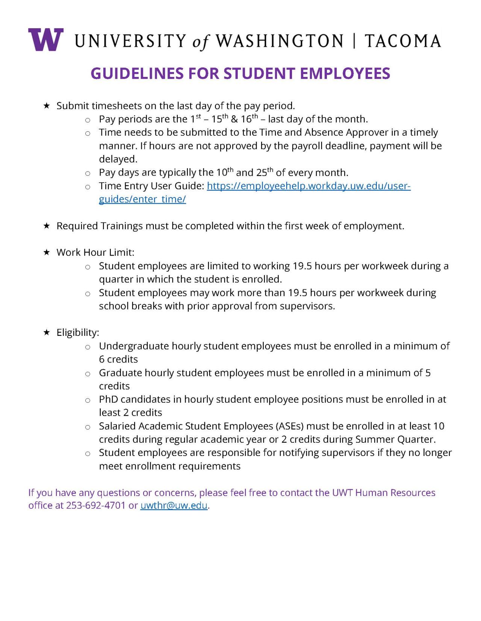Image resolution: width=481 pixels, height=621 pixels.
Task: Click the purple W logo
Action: (45, 40)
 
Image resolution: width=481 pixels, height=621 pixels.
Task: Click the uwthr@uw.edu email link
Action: (174, 505)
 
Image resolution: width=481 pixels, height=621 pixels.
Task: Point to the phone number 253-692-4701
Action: (95, 505)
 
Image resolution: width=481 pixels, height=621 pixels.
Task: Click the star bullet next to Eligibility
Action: (47, 332)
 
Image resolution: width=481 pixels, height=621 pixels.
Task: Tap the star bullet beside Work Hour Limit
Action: (47, 253)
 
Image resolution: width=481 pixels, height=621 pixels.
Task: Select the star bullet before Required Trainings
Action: (47, 226)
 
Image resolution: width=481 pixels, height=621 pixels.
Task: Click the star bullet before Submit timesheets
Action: (47, 106)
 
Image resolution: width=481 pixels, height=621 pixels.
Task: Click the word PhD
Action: (108, 400)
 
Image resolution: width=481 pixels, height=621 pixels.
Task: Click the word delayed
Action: (118, 159)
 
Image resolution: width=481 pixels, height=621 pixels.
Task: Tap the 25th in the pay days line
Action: (264, 173)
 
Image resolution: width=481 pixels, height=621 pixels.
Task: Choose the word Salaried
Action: (117, 426)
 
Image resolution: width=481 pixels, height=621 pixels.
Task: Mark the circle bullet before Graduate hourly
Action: (88, 374)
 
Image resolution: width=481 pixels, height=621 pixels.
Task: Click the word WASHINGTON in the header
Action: (280, 41)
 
